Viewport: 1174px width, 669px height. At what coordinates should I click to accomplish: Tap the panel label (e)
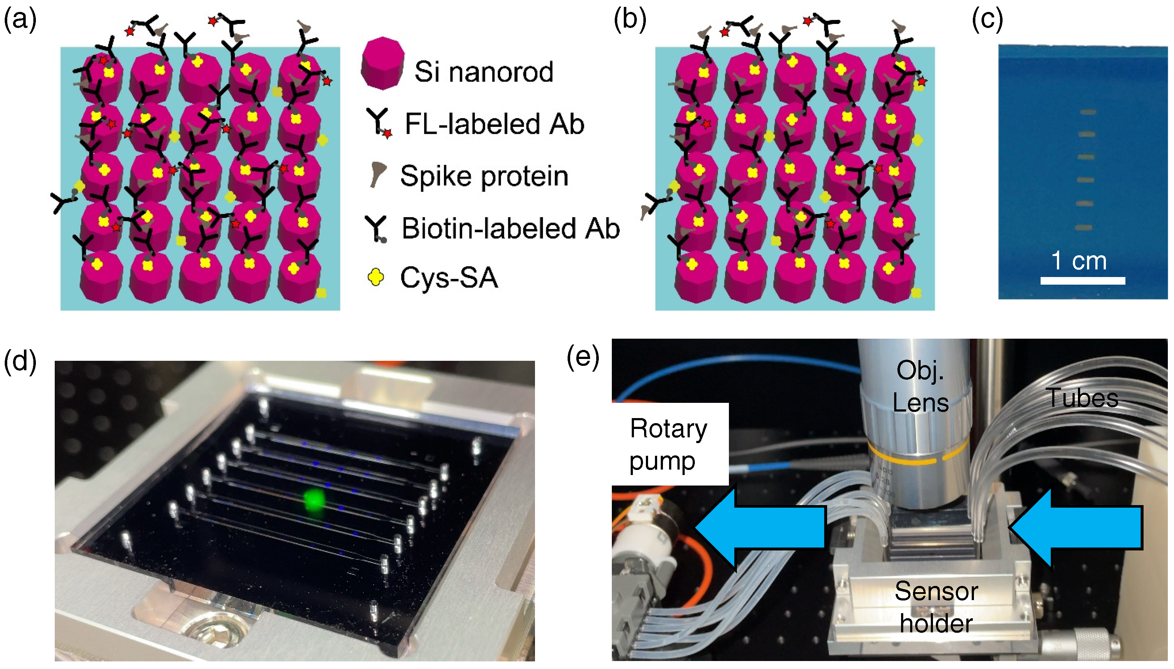tap(583, 358)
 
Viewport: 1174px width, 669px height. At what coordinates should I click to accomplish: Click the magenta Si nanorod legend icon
tap(383, 63)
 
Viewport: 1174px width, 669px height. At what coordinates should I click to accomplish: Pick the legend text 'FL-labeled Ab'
tap(494, 124)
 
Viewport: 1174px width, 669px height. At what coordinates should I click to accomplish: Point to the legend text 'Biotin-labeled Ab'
tap(510, 228)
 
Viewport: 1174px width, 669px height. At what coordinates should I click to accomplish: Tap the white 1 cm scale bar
tap(1082, 281)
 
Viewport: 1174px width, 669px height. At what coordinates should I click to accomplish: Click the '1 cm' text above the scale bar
tap(1079, 261)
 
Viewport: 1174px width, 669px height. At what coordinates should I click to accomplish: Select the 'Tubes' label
tap(1082, 398)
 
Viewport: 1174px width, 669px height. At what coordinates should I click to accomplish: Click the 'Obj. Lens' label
tap(920, 386)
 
